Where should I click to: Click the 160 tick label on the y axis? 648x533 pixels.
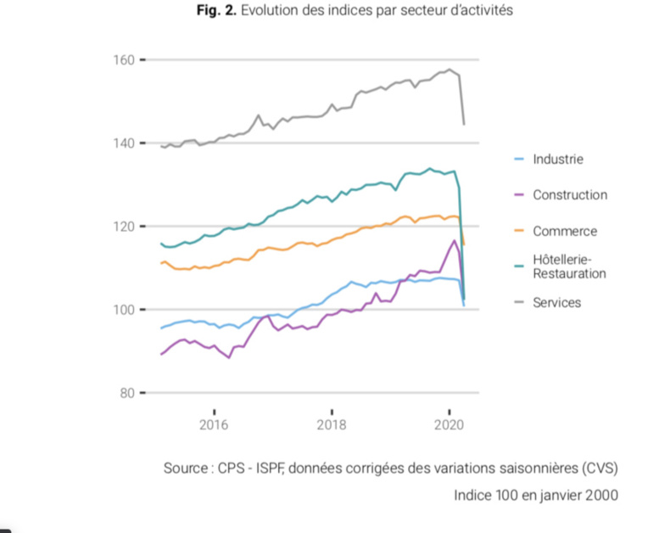tap(123, 60)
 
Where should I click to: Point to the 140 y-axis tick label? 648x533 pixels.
tap(123, 143)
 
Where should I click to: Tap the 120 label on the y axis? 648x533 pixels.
tap(123, 227)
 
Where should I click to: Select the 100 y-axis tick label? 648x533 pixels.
tap(123, 310)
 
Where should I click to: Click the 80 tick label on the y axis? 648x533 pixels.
tap(126, 393)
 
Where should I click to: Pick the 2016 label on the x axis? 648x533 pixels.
tap(214, 425)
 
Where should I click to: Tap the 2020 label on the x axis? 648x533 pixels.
tap(448, 425)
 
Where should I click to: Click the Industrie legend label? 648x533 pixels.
tap(558, 159)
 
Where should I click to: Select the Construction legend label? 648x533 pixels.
tap(570, 195)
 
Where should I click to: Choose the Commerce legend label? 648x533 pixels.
tap(565, 231)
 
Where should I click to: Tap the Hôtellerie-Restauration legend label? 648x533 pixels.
tap(569, 266)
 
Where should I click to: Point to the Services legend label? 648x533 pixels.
tap(557, 302)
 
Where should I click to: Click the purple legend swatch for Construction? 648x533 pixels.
tap(520, 195)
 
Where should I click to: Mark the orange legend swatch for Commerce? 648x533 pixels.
tap(520, 231)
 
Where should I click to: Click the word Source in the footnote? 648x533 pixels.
tap(185, 468)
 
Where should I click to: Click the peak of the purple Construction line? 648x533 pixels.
tap(455, 241)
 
